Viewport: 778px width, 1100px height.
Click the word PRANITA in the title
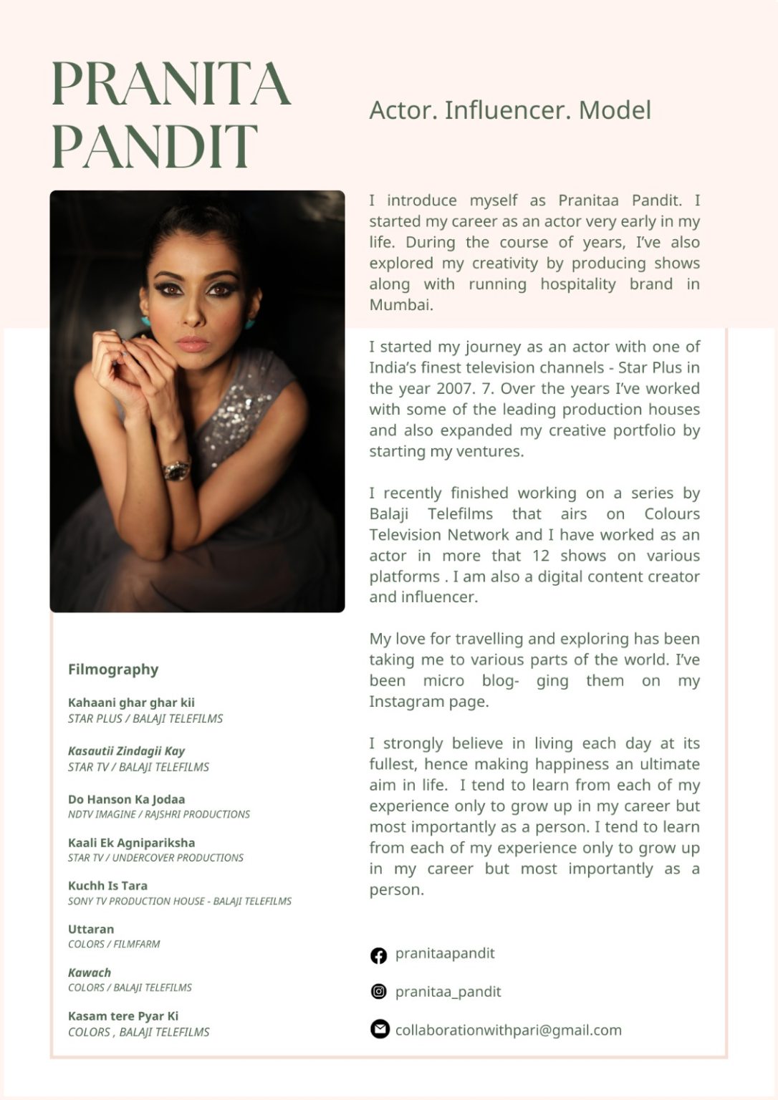171,85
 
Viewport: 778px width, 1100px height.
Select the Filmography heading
113,669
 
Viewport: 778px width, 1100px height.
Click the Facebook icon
378,955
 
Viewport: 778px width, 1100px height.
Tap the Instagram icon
378,991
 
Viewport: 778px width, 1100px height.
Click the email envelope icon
379,1029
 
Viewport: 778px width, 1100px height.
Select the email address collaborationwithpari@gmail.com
508,1030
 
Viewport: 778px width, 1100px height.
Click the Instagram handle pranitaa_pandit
448,992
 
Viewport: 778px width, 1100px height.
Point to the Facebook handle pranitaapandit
445,953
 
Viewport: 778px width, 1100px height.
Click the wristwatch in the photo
176,470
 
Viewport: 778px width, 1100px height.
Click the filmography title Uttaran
91,929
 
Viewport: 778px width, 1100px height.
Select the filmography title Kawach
90,973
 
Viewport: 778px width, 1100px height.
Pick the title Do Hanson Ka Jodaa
126,799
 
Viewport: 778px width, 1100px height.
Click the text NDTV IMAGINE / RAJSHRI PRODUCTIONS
159,814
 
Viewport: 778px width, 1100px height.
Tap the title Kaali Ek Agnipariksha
131,843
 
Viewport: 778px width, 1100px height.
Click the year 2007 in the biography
454,388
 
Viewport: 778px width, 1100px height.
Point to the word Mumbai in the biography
400,305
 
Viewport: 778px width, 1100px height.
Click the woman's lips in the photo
193,344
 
